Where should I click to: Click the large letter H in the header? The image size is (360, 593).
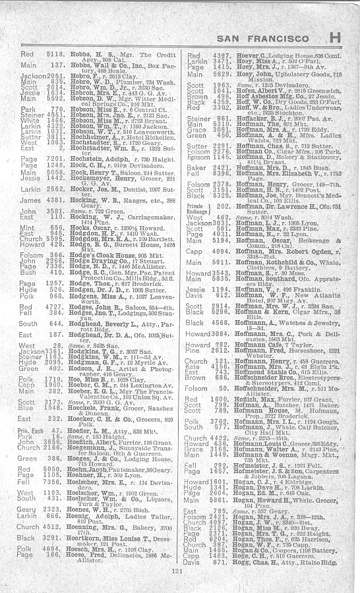point(335,38)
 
